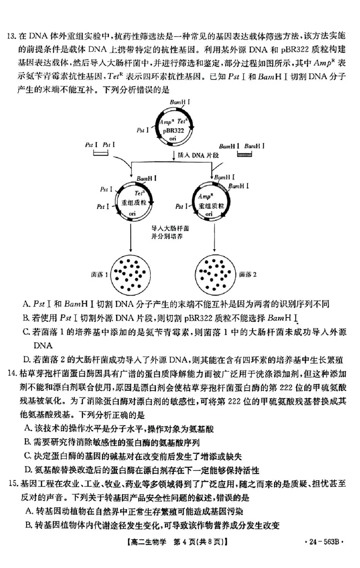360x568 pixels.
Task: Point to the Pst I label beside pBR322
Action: click(x=144, y=130)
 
